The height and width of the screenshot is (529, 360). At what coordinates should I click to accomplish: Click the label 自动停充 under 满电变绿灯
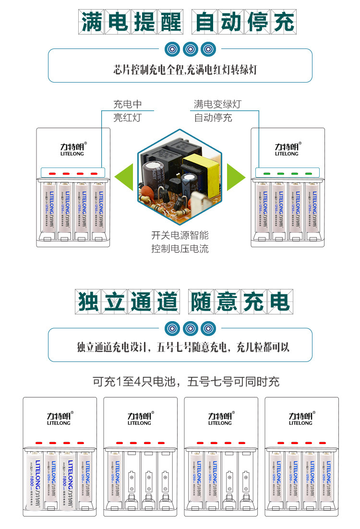(x=213, y=118)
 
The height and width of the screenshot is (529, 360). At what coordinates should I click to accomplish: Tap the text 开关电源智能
(x=180, y=236)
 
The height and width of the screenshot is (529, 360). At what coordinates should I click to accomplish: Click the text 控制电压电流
(x=180, y=249)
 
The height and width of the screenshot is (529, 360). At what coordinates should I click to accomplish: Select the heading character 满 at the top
(x=91, y=22)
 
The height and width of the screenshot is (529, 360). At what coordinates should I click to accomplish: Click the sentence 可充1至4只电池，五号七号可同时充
(x=186, y=382)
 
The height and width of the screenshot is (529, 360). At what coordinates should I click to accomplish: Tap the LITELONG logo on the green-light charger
(x=287, y=149)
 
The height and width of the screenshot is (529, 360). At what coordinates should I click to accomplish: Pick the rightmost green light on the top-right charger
(x=309, y=173)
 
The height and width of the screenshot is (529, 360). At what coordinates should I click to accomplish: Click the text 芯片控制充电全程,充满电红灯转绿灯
(x=185, y=70)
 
